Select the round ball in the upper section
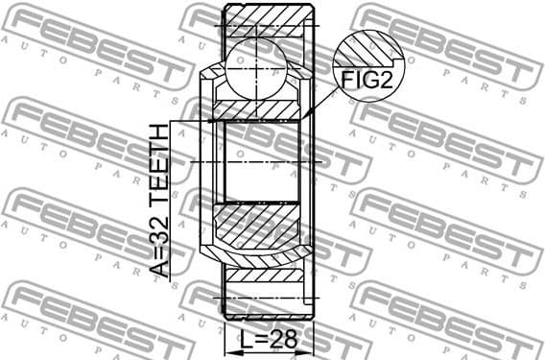[262, 67]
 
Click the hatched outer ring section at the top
[269, 19]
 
